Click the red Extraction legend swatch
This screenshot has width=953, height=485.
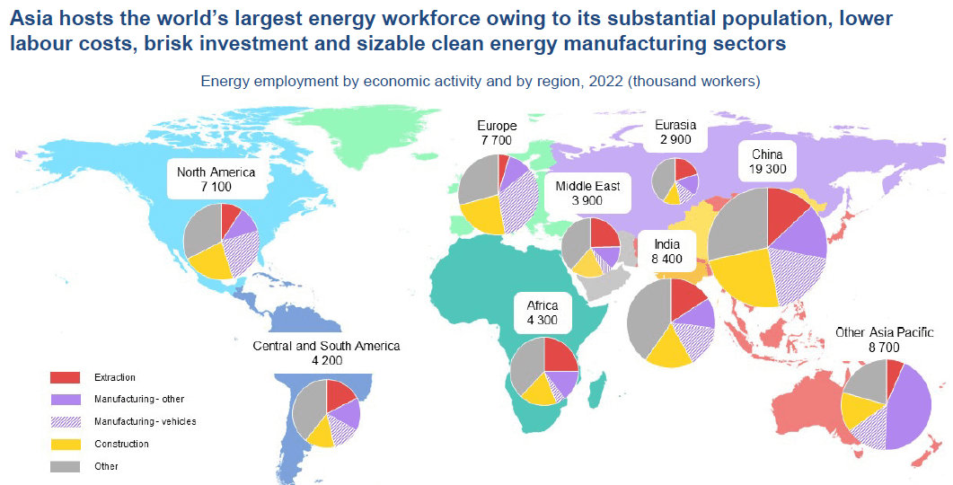(x=66, y=377)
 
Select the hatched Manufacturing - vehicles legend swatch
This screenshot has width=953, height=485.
(x=66, y=421)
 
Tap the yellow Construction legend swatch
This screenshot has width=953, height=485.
(x=66, y=444)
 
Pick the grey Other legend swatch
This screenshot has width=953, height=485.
(x=66, y=466)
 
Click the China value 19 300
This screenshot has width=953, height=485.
(x=766, y=169)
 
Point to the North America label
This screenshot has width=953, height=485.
(x=216, y=172)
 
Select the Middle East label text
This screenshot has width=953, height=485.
(x=587, y=186)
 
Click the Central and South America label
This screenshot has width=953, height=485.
(x=326, y=346)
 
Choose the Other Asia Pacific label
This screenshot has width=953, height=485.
(x=885, y=332)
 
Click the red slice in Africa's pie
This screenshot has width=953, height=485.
(x=558, y=356)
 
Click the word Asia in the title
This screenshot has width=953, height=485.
(x=33, y=18)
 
